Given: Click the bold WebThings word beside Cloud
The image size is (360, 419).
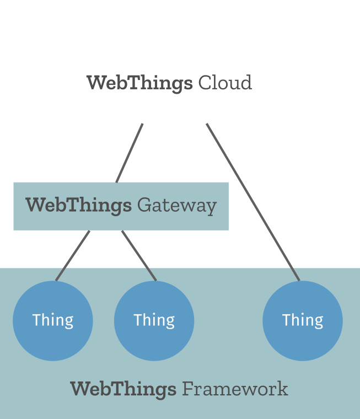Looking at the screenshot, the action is [x=139, y=83].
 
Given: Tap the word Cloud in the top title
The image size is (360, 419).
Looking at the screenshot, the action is [x=225, y=82].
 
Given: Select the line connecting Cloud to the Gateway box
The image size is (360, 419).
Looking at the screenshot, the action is [x=129, y=153].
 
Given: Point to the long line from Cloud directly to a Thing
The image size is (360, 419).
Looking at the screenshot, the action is [x=253, y=202].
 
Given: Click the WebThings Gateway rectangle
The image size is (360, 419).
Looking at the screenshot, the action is [x=121, y=206].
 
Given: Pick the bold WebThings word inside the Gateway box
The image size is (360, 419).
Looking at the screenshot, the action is [x=78, y=206].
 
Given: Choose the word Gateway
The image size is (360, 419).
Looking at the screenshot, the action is [x=176, y=206].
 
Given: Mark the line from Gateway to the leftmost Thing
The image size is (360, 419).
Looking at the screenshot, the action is [x=73, y=256].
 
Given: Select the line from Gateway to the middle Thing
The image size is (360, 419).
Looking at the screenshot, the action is [x=139, y=256].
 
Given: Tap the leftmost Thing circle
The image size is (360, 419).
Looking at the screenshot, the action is [x=53, y=321].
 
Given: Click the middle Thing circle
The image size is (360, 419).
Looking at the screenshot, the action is [x=154, y=321].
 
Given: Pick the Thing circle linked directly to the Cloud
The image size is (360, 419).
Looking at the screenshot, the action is [x=303, y=321].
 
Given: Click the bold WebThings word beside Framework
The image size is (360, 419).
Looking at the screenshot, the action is [x=123, y=390].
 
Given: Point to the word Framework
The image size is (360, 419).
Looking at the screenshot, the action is [x=235, y=389].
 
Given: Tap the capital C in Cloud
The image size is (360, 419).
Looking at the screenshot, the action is [x=205, y=83].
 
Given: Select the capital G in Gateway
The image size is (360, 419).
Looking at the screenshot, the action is [x=144, y=205].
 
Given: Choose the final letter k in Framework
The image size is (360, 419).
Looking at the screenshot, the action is [x=282, y=389].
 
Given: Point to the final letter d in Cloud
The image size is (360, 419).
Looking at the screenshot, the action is [x=246, y=82].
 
